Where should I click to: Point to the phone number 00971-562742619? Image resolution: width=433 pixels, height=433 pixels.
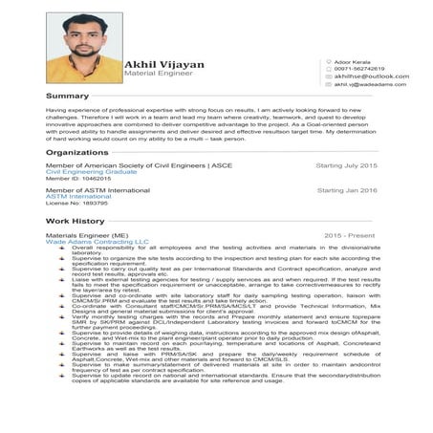click(x=359, y=69)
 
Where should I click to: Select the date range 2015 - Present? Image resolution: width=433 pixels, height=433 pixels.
click(x=350, y=234)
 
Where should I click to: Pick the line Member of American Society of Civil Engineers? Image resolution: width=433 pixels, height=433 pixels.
click(x=139, y=165)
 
